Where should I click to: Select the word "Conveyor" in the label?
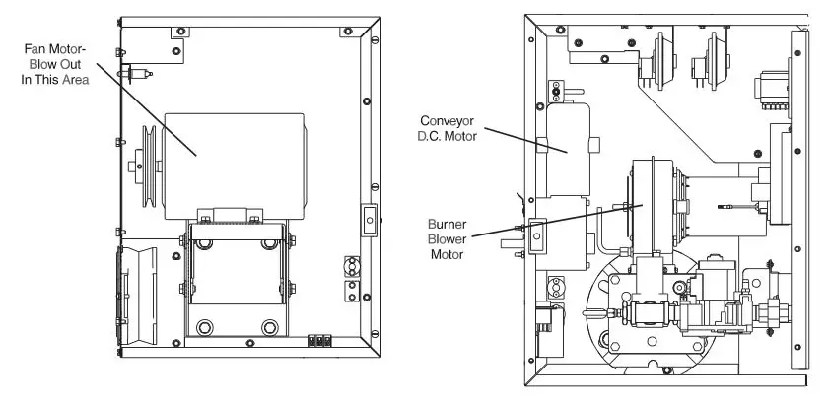(449, 121)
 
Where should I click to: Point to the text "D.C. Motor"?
(449, 137)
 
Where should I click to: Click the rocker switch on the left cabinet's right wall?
(369, 221)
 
